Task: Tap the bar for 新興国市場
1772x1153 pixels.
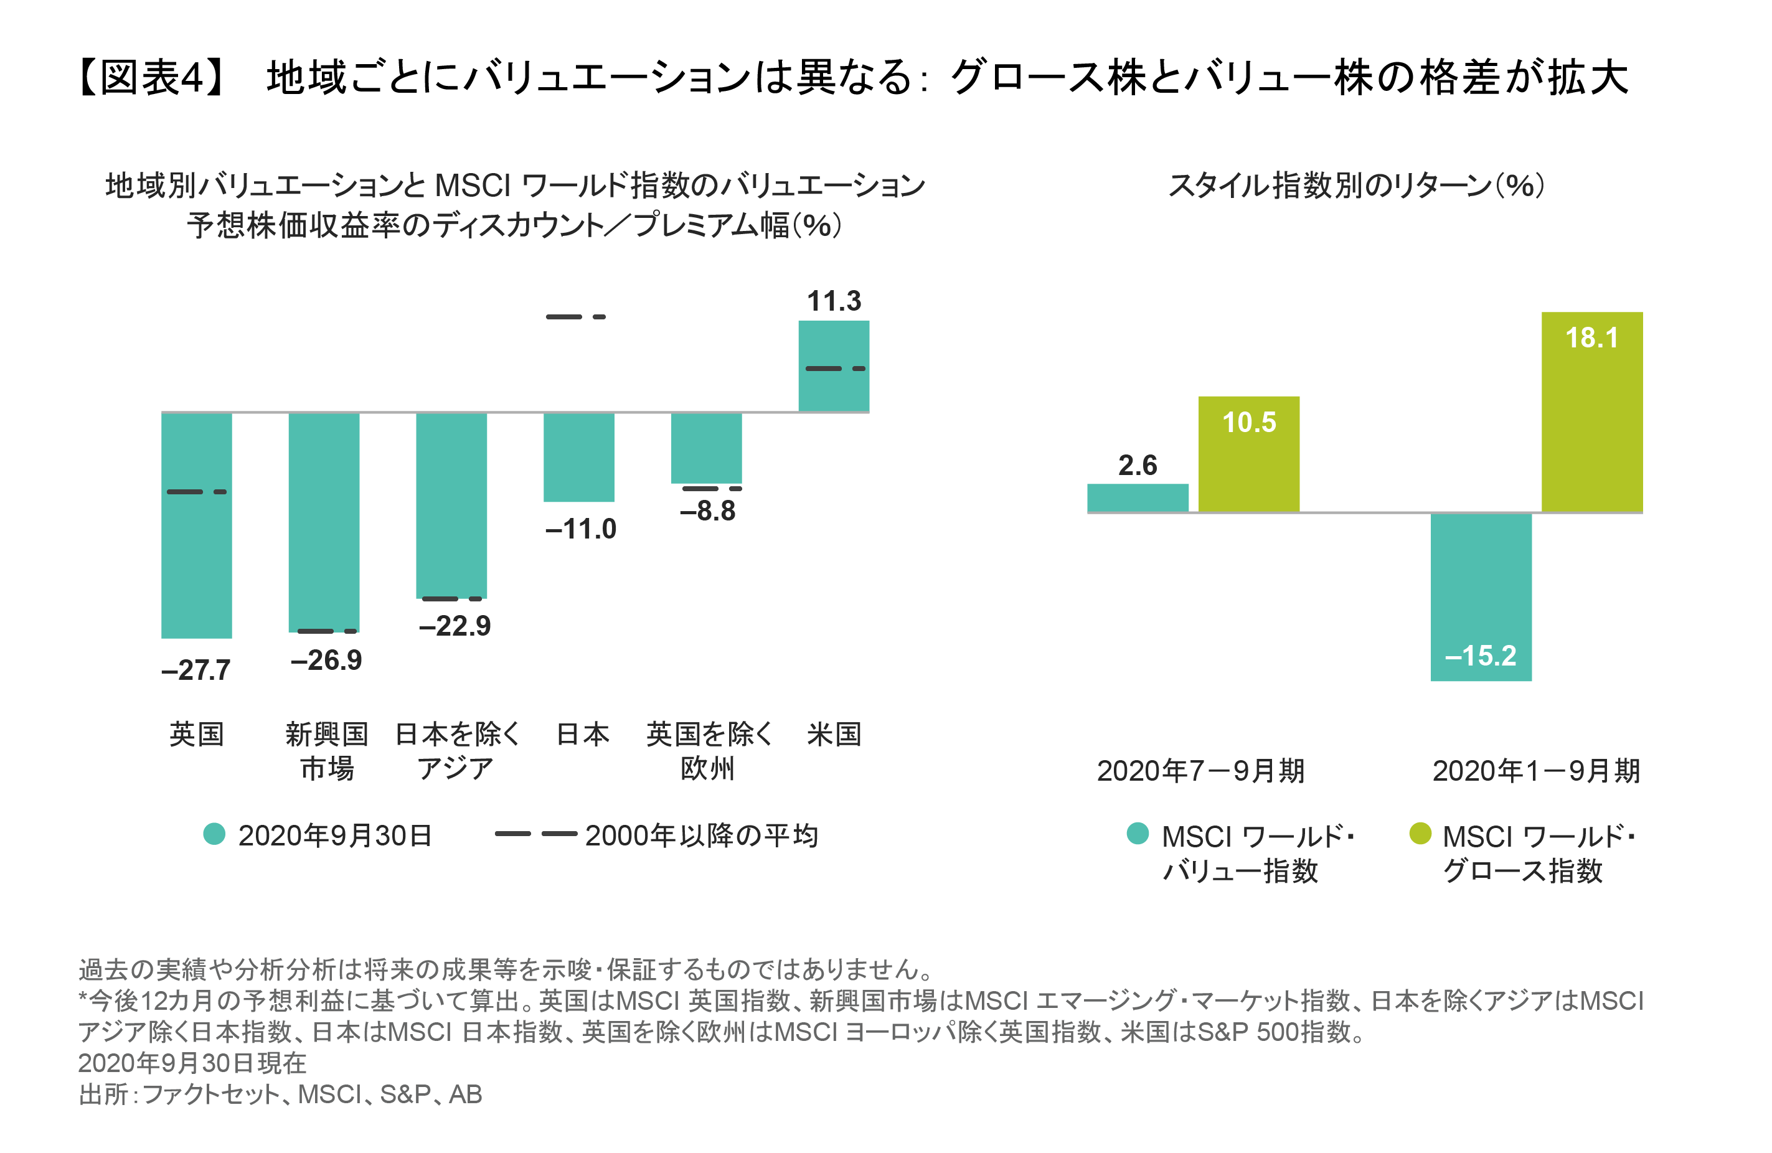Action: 324,521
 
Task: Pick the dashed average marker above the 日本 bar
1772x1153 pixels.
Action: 575,317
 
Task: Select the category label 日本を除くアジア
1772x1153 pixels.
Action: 456,751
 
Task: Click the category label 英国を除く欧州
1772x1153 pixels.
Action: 708,751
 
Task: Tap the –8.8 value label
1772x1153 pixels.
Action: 708,511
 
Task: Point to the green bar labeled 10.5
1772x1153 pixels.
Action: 1248,454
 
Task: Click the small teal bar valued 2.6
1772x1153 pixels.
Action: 1138,498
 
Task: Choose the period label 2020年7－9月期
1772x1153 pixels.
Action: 1200,770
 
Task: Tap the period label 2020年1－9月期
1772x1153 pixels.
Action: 1536,770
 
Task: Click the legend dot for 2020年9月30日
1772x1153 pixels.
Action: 214,834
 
